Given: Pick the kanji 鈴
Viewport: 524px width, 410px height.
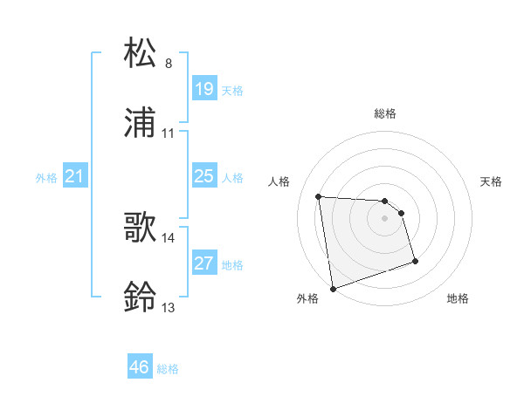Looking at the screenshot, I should click(141, 297).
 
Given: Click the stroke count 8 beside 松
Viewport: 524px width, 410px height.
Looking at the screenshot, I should click(169, 64).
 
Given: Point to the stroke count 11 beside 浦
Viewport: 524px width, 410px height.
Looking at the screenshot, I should click(169, 133).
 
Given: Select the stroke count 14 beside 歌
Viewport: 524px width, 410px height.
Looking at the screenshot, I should click(169, 237).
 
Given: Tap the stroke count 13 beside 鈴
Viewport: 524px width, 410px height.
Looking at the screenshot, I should click(169, 308).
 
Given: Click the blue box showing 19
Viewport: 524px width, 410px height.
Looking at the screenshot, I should click(203, 89).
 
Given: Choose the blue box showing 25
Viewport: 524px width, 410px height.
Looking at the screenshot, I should click(203, 177).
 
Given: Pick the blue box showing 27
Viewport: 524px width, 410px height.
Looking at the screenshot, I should click(203, 263).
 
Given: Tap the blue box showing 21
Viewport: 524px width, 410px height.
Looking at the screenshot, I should click(74, 177).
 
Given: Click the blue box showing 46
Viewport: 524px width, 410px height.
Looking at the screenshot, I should click(140, 368).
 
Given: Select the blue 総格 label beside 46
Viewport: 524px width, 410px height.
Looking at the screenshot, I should click(168, 369).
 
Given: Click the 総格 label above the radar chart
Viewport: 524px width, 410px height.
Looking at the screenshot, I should click(385, 114).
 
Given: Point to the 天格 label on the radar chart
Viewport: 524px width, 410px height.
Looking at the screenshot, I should click(492, 181).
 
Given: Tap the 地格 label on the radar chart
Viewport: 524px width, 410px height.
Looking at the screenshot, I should click(458, 299).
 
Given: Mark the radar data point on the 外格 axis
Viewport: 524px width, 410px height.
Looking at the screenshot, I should click(333, 287).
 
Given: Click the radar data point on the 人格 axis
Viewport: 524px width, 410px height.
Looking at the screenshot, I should click(319, 196).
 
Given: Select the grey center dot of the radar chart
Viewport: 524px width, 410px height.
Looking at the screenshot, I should click(385, 218).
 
